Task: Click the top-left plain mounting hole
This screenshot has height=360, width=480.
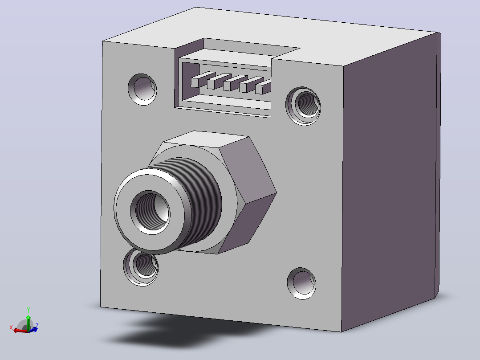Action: pos(142,89)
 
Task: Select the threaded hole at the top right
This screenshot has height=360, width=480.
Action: pos(303,106)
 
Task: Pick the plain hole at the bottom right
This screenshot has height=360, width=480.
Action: pos(301,283)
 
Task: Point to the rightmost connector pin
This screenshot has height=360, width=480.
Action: pos(263,87)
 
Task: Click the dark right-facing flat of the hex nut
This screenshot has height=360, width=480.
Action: pos(248,172)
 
